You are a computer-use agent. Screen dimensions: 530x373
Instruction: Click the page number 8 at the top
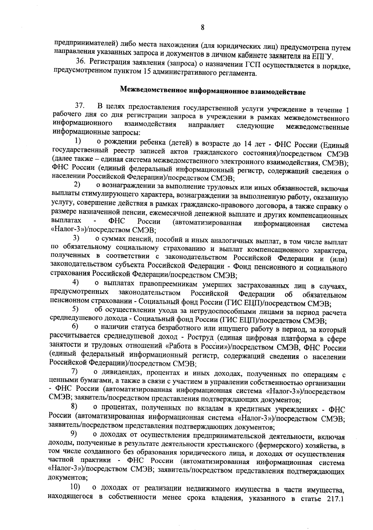[202, 27]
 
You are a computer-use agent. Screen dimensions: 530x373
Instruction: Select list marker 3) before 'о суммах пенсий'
[76, 239]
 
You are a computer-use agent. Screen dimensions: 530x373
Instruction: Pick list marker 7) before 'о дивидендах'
[74, 371]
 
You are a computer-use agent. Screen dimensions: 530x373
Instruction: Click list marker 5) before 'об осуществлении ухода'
[76, 309]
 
